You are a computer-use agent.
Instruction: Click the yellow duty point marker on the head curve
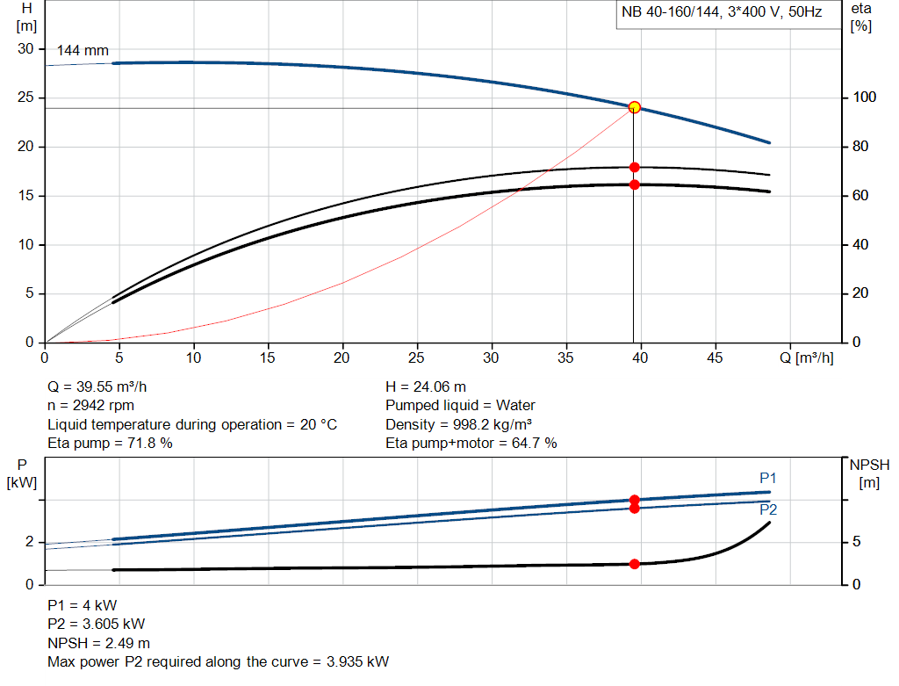point(634,107)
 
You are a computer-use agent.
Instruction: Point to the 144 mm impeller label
point(83,51)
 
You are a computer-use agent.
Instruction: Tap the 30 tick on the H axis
point(25,49)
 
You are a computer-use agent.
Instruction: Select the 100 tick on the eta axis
point(864,97)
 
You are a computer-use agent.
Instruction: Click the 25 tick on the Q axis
point(417,357)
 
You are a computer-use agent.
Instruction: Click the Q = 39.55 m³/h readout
point(104,386)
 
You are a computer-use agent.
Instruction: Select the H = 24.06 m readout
point(426,386)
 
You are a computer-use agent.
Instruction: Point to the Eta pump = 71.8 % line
point(110,444)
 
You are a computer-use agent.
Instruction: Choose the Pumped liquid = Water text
point(460,406)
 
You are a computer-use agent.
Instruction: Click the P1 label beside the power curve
point(768,478)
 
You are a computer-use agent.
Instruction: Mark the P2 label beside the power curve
point(768,509)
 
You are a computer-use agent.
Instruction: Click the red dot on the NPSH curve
point(634,564)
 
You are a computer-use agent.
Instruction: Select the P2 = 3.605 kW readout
point(97,625)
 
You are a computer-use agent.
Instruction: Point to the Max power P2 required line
point(218,661)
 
